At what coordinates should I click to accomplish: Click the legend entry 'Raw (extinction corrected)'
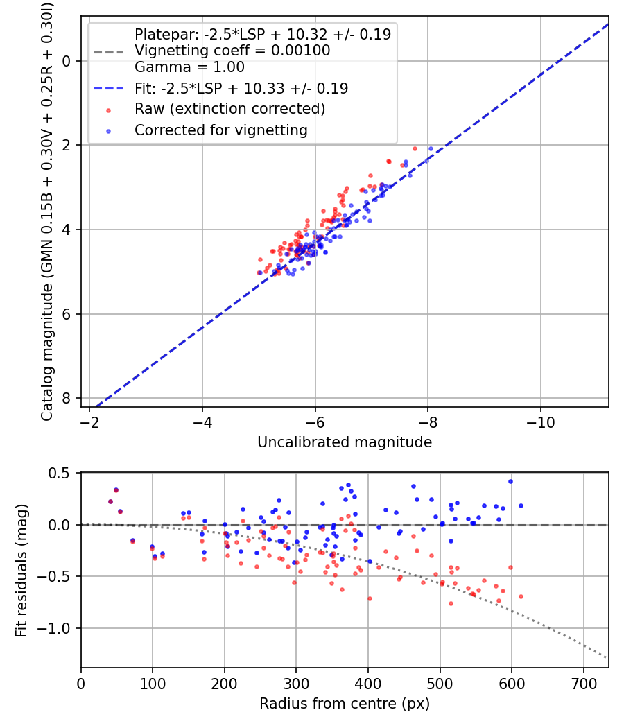point(229,109)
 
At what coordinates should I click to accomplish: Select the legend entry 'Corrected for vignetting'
point(221,130)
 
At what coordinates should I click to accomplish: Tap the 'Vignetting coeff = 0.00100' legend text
point(232,50)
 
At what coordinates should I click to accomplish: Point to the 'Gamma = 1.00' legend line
point(189,67)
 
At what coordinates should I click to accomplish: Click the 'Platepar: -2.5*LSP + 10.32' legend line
point(263,34)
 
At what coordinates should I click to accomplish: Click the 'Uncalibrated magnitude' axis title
point(345,442)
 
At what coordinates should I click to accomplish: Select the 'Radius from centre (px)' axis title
point(345,704)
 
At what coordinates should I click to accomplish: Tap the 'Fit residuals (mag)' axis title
point(21,570)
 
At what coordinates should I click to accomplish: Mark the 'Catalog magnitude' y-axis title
point(46,211)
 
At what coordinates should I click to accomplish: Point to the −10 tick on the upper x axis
point(540,422)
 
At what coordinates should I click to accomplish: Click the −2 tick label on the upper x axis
point(89,422)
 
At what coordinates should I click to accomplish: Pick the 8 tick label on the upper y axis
point(66,399)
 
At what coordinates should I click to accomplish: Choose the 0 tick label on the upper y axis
point(66,61)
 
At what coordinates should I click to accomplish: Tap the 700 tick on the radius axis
point(583,684)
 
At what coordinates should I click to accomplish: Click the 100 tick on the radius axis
point(153,684)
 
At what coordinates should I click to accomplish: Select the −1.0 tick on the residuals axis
point(53,628)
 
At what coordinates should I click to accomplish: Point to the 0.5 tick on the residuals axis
point(58,473)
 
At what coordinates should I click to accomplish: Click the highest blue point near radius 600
point(511,481)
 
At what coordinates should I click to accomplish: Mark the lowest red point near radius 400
point(370,598)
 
